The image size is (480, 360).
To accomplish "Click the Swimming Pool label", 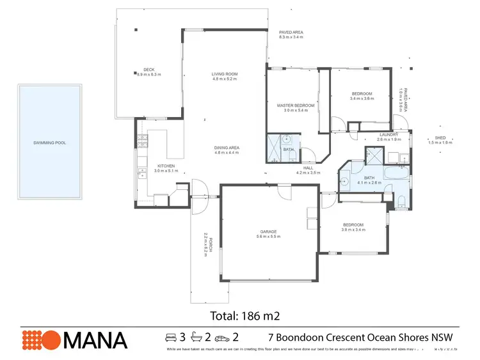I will [x=49, y=143].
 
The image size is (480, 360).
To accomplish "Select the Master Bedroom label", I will [x=296, y=105].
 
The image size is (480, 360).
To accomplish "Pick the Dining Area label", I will [x=227, y=148].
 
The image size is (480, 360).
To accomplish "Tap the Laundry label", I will [x=388, y=134].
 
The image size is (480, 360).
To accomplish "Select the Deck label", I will [x=148, y=70].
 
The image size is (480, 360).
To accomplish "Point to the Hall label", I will [x=308, y=168].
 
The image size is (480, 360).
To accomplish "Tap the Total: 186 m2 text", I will [x=246, y=315].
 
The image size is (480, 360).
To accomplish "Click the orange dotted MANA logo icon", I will [x=40, y=339].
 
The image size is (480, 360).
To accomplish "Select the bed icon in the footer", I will [x=171, y=337].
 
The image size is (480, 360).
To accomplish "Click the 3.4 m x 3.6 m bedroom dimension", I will [x=362, y=98].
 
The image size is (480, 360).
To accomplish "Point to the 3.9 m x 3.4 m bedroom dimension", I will [x=354, y=230].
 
